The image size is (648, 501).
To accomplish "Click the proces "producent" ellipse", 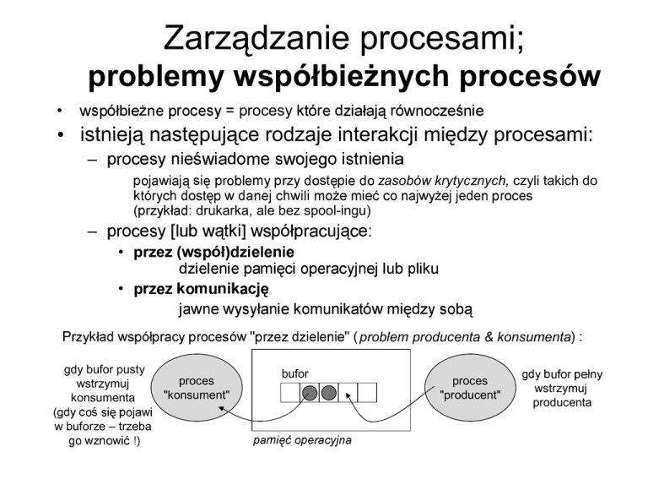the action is click(x=470, y=388).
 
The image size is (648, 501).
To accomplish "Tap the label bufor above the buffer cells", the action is click(x=294, y=373).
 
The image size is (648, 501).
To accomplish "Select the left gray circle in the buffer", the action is click(x=310, y=392).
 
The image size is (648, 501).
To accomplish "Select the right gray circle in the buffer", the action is click(x=329, y=392).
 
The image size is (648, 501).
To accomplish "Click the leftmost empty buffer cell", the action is click(x=290, y=392).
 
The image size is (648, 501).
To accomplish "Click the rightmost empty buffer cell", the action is click(x=367, y=392).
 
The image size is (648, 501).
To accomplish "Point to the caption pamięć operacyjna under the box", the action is click(x=302, y=440).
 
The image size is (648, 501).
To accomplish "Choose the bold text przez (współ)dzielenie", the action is click(x=205, y=252).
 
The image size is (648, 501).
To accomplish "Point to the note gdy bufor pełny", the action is click(x=562, y=373).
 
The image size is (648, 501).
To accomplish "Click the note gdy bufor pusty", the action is click(x=104, y=369).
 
